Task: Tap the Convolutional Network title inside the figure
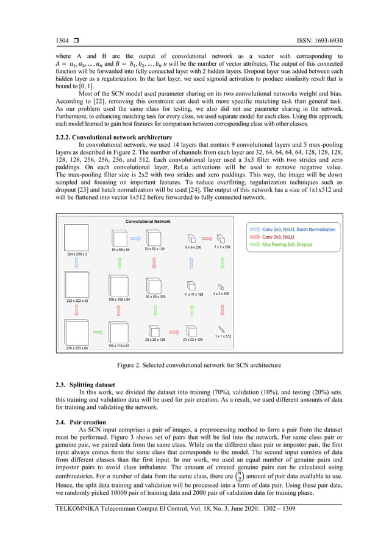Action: [x=148, y=222]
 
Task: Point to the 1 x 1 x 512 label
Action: [x=223, y=336]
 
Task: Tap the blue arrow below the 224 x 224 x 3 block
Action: [x=76, y=263]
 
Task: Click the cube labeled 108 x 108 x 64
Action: [x=119, y=286]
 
